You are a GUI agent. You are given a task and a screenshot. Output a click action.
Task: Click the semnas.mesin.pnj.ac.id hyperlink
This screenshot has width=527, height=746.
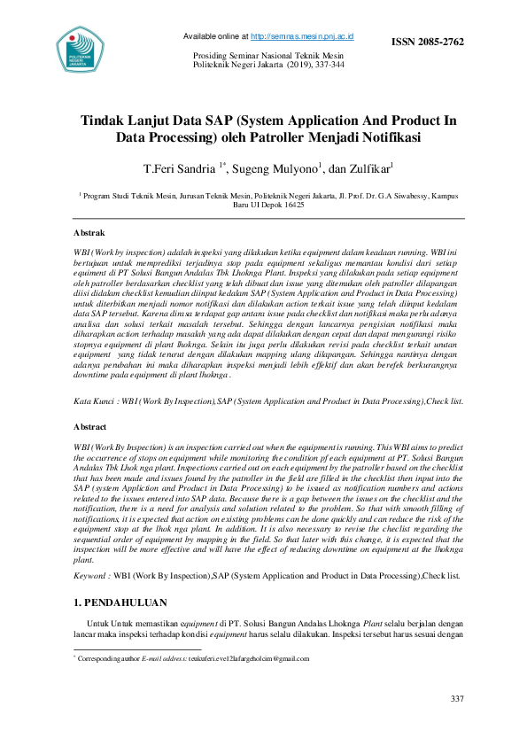pyautogui.click(x=303, y=36)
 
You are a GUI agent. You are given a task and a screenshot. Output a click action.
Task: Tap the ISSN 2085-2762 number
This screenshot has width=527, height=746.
pyautogui.click(x=428, y=42)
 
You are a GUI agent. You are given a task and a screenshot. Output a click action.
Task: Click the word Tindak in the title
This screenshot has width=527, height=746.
pyautogui.click(x=105, y=120)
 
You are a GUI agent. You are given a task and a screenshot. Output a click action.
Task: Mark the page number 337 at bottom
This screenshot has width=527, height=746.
pyautogui.click(x=457, y=700)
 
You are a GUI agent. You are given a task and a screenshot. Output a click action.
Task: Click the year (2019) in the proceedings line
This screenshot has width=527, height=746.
pyautogui.click(x=298, y=66)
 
